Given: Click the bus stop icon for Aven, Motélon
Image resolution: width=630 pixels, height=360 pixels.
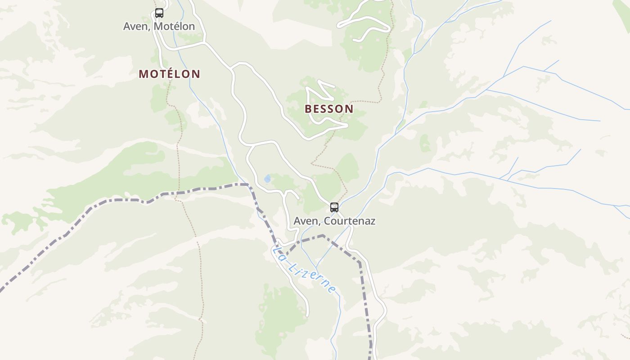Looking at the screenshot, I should tap(159, 13).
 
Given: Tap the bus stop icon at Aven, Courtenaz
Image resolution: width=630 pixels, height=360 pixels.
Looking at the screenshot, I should tap(334, 207).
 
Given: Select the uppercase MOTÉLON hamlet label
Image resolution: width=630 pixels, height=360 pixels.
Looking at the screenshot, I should tap(169, 74).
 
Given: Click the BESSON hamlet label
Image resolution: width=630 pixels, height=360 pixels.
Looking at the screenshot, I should tap(329, 109).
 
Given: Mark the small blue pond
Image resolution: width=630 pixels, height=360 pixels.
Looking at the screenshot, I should tap(268, 179).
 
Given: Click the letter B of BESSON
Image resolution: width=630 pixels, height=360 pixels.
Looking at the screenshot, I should tap(308, 109).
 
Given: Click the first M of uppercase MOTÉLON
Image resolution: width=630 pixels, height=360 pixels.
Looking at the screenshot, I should tap(143, 74).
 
